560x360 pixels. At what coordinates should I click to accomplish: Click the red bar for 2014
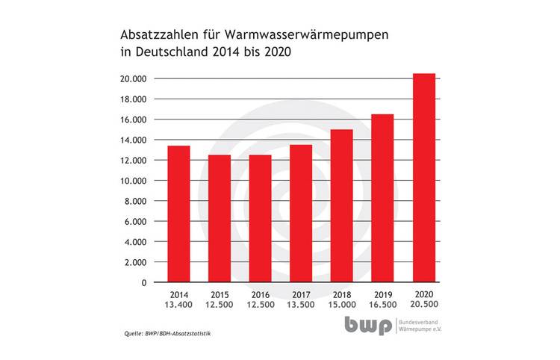(178, 214)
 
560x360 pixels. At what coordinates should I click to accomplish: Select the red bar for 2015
(220, 219)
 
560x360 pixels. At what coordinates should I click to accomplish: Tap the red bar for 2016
(260, 219)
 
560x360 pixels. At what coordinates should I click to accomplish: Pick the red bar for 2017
(301, 214)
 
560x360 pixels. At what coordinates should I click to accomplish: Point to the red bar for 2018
(342, 206)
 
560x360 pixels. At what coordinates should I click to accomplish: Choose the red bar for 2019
(382, 199)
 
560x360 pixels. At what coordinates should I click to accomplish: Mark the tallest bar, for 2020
(423, 179)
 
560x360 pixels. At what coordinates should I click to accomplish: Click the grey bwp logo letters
(368, 326)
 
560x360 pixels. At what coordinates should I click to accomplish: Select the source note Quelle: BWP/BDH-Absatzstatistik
(166, 332)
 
